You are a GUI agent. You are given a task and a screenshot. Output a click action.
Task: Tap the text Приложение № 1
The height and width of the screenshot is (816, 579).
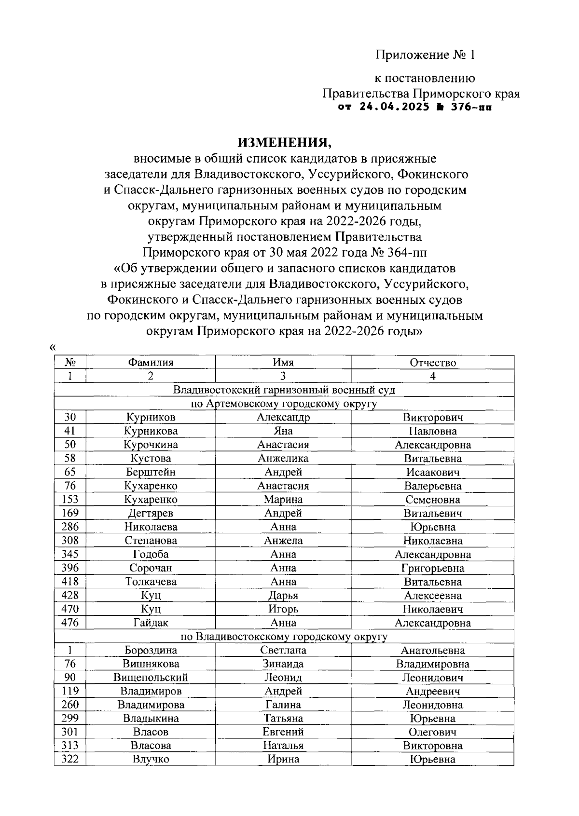pos(426,55)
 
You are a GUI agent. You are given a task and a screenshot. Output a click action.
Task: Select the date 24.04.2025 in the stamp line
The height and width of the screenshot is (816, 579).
pos(393,107)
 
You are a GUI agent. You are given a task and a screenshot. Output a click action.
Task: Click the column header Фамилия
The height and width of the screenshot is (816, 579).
pos(151,363)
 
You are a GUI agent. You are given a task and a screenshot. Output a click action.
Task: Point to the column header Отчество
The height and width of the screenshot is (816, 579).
pos(432,363)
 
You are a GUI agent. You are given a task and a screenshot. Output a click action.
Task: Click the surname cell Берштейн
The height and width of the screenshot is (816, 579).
pos(151,472)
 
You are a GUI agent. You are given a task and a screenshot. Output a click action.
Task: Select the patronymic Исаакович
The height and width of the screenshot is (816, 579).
pos(432,472)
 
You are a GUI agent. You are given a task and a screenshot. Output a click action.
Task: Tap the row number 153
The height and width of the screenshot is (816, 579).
pos(70,500)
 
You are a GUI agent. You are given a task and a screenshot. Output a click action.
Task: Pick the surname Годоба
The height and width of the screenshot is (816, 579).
pos(151,554)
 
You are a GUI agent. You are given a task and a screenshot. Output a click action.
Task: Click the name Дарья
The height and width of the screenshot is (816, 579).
pos(283,596)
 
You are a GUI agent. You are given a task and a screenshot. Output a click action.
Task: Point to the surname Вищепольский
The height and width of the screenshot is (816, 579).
pos(151,678)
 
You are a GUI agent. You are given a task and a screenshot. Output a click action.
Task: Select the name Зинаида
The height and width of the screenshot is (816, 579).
pos(283,664)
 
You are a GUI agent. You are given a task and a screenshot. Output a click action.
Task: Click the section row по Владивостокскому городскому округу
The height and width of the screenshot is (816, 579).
pos(284,637)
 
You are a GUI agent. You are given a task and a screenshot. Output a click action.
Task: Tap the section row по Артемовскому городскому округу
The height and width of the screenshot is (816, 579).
pos(284,404)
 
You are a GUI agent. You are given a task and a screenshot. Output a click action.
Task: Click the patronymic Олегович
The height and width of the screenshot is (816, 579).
pos(432,732)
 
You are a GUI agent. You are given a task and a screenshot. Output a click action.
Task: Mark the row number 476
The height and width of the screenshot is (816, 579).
pos(70,623)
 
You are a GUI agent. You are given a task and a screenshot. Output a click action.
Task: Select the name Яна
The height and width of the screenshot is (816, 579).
pos(283,431)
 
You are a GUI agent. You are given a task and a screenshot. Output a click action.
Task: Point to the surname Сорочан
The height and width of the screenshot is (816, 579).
pos(151,568)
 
